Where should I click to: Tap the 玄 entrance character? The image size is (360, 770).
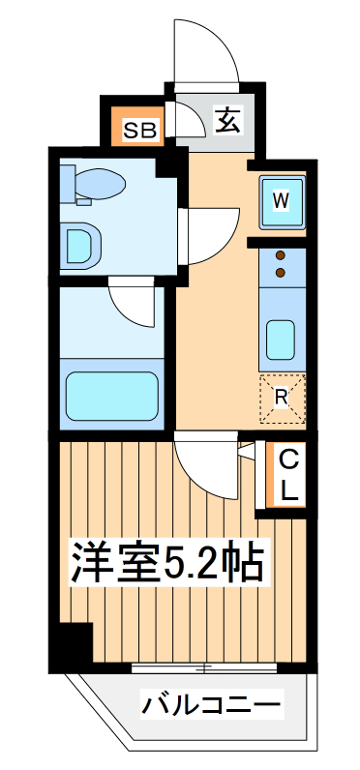click(x=226, y=120)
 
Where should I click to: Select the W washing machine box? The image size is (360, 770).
click(x=282, y=200)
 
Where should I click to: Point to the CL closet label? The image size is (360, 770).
click(x=288, y=474)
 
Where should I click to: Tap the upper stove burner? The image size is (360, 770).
click(x=281, y=255)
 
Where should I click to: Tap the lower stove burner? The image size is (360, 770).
click(x=281, y=273)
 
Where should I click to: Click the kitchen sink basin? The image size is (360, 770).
click(x=282, y=339)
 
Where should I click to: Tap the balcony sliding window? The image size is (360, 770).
click(x=205, y=667)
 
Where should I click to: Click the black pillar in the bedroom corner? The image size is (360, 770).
click(x=73, y=642)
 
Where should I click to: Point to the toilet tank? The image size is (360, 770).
click(x=67, y=181)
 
